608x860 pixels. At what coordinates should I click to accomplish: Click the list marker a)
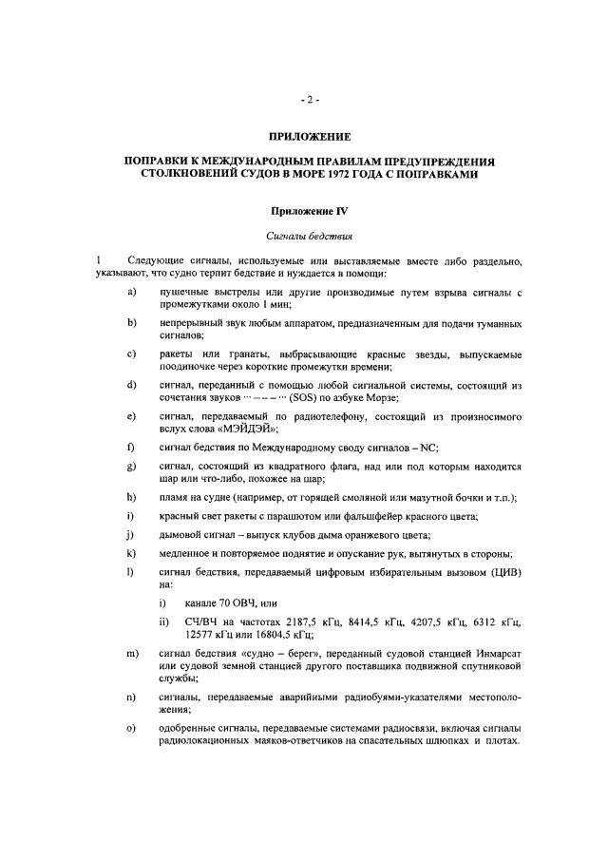pyautogui.click(x=132, y=291)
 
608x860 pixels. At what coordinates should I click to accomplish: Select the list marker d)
pyautogui.click(x=132, y=384)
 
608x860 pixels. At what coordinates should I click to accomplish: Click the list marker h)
pyautogui.click(x=132, y=498)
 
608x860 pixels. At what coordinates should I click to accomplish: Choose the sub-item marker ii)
pyautogui.click(x=164, y=623)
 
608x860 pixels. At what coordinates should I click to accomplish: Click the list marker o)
pyautogui.click(x=132, y=729)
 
